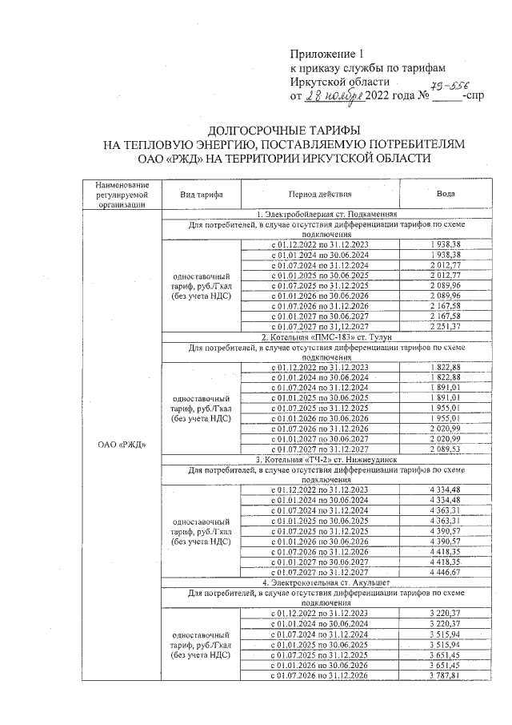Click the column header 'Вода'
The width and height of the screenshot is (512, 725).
click(446, 195)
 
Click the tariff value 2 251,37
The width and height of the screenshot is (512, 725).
click(446, 327)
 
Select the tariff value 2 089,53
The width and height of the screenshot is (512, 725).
click(446, 449)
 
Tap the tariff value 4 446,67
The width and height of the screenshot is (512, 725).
click(446, 572)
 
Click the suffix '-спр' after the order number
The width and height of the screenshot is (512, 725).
click(475, 97)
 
